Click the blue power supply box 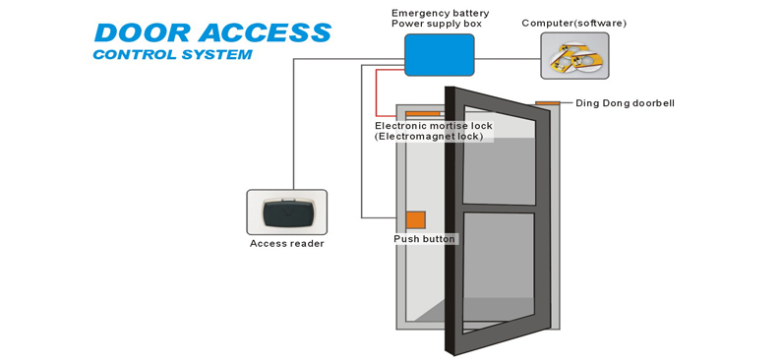coord(440,55)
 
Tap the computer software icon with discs coord(575,56)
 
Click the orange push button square coord(415,220)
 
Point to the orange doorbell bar coord(548,103)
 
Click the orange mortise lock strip coord(422,114)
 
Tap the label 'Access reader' coord(287,244)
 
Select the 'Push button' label coord(424,239)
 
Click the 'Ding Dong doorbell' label coord(625,103)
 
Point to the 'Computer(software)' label coord(574,23)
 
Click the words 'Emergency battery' coord(441,14)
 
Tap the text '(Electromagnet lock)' coord(429,136)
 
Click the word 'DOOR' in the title coord(142,33)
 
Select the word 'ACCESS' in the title coord(265,33)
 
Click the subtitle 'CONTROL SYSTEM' coord(172,54)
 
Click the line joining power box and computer coord(508,59)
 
